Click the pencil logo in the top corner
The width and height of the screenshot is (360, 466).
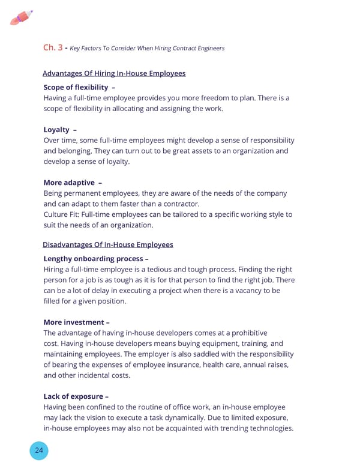point(22,18)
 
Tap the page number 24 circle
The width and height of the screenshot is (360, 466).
point(39,452)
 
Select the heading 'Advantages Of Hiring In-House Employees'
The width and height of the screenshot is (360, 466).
point(114,73)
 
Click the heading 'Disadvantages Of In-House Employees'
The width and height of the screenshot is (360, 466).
point(108,244)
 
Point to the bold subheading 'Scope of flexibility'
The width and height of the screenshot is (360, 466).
point(76,88)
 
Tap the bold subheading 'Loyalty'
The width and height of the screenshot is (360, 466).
point(56,130)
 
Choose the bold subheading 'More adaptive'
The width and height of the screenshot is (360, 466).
point(69,183)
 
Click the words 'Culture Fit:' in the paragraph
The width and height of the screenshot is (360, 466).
point(62,214)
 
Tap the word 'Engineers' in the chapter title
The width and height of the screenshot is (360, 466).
point(208,48)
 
